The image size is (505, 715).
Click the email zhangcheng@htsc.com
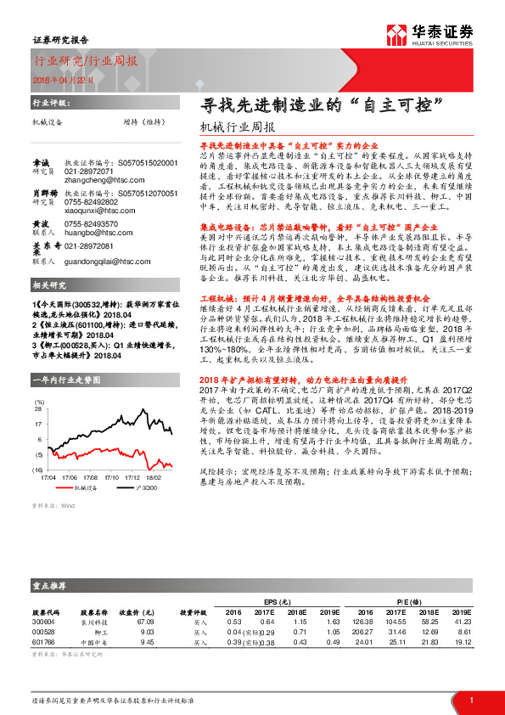(93, 179)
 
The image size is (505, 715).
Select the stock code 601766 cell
(43, 642)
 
